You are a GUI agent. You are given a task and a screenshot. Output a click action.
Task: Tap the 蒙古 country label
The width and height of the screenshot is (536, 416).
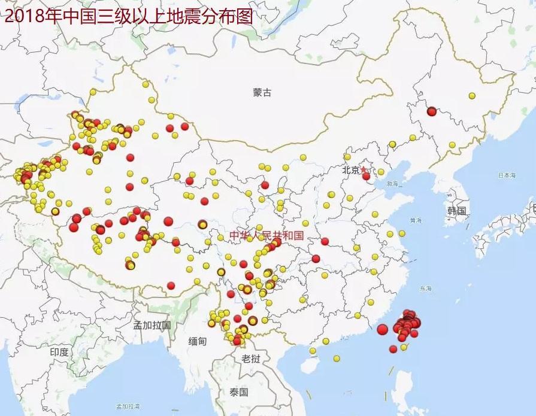click(x=262, y=93)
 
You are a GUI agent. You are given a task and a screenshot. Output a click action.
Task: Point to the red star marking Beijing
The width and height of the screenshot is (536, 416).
click(x=362, y=171)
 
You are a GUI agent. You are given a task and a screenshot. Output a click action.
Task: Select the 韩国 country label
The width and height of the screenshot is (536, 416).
click(x=456, y=211)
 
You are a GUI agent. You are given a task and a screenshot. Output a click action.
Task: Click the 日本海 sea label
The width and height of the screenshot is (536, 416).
click(x=507, y=175)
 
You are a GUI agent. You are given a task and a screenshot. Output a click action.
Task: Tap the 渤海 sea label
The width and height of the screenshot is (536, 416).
click(x=392, y=184)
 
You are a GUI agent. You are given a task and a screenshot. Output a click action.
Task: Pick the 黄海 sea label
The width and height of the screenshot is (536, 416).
click(x=413, y=220)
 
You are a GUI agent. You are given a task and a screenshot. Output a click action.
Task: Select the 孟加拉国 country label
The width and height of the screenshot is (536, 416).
click(x=152, y=326)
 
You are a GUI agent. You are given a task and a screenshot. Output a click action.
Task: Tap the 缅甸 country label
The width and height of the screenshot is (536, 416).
click(x=197, y=341)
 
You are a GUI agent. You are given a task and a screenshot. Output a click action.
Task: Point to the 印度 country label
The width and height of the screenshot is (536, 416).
click(x=59, y=352)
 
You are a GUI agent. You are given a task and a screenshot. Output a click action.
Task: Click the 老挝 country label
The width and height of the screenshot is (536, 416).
click(x=250, y=359)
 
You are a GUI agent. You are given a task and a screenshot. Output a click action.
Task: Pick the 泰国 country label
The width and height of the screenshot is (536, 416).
click(x=238, y=392)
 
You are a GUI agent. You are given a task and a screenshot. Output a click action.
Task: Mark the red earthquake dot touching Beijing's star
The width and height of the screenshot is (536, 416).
click(x=367, y=176)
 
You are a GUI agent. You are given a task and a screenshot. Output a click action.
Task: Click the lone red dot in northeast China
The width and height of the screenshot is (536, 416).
click(x=432, y=111)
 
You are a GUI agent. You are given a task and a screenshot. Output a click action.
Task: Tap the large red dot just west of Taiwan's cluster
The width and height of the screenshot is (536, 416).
click(x=383, y=329)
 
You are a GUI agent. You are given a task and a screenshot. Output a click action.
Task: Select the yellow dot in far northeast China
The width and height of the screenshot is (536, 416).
click(x=472, y=96)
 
